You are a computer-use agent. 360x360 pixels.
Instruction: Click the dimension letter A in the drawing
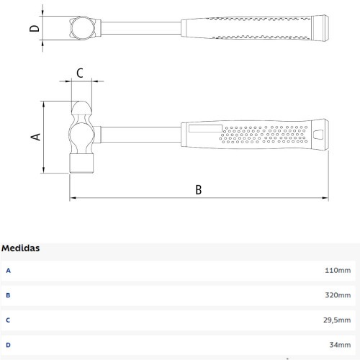point(35,135)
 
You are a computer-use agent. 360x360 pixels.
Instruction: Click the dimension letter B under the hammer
point(199,189)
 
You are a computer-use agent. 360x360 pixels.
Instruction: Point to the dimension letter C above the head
point(80,73)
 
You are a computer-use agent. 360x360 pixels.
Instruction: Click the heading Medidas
point(20,248)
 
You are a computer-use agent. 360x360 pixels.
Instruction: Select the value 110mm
point(338,271)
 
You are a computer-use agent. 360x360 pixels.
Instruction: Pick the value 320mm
point(338,295)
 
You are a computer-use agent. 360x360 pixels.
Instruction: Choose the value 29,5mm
point(337,320)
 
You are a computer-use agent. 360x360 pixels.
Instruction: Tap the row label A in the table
point(9,271)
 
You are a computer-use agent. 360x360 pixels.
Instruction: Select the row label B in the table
point(9,295)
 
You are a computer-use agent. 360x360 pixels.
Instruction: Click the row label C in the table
point(9,320)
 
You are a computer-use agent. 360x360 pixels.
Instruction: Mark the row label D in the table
point(9,344)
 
